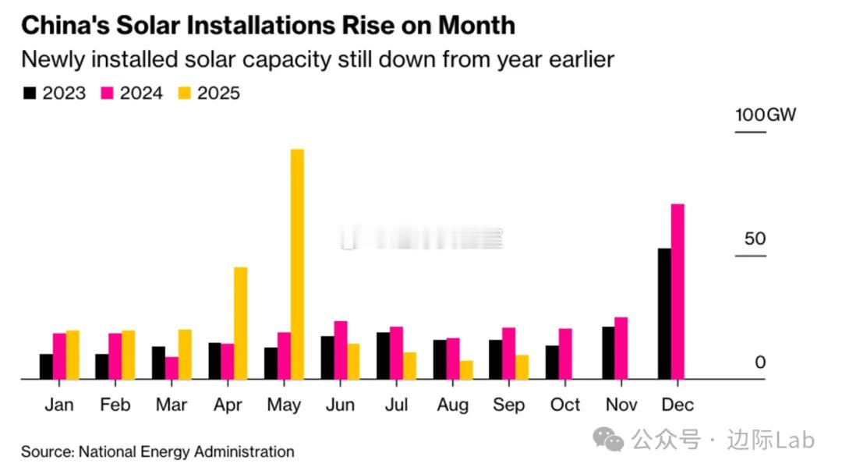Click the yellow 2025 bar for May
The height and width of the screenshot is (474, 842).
pos(297,264)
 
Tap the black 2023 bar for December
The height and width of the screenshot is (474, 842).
pos(664,313)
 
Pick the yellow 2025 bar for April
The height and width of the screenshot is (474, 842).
pos(240,323)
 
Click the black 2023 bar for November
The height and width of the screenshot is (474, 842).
pos(608,352)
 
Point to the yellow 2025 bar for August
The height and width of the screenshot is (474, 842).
pos(466,370)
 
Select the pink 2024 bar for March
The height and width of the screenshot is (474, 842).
pos(172,368)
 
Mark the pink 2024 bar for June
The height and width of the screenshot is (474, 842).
pos(340,350)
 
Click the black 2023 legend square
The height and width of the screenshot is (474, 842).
pos(30,94)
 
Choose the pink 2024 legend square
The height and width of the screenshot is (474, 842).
pos(108,94)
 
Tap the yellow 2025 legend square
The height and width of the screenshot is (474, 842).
pos(185,94)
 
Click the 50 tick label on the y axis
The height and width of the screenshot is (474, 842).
pos(755,239)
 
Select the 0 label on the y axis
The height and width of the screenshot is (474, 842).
pos(760,363)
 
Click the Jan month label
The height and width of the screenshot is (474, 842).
pos(59,405)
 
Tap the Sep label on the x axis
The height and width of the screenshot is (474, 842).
pos(508,405)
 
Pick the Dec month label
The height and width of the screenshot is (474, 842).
pos(677,405)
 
